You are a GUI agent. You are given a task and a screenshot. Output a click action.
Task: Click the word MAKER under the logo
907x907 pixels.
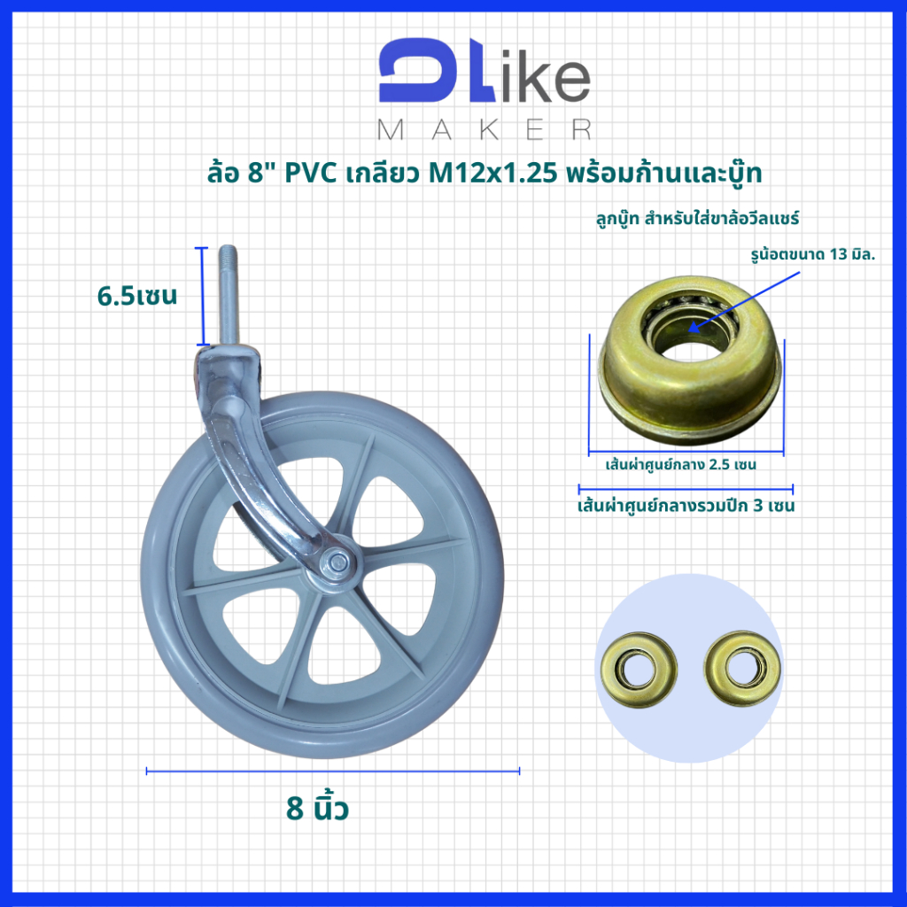pos(485,130)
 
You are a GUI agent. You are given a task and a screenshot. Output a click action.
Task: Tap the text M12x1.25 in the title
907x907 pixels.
pos(492,173)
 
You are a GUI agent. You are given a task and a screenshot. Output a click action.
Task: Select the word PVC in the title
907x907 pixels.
pos(311,173)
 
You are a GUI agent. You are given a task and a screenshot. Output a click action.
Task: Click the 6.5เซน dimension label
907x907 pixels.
pos(137,296)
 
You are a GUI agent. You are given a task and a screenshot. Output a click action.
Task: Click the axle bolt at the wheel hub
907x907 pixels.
pos(336,560)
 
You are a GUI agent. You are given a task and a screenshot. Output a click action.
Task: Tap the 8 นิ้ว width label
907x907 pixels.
pos(318,808)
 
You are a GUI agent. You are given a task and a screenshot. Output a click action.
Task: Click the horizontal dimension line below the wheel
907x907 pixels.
pos(333,771)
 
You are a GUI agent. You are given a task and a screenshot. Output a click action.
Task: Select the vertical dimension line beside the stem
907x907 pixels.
pos(202,296)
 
